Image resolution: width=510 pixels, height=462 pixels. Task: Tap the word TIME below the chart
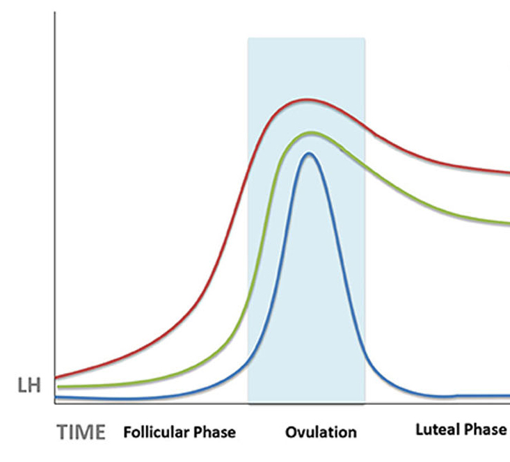tap(81, 431)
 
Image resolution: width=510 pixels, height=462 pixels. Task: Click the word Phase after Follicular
tap(215, 432)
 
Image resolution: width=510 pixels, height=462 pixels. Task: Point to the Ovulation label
tap(321, 432)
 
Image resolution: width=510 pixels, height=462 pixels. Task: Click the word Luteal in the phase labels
tap(438, 429)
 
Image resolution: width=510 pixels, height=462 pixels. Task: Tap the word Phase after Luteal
tap(488, 429)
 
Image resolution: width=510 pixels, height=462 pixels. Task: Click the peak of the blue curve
tap(308, 153)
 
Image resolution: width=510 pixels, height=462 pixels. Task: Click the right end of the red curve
tap(509, 173)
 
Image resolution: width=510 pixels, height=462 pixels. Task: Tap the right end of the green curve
tap(509, 223)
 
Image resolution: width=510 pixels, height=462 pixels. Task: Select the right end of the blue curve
tap(509, 396)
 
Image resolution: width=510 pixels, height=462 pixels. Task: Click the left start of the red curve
tap(56, 377)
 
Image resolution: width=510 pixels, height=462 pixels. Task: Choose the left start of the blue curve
tap(56, 397)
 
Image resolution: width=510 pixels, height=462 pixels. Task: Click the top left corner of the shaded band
tap(248, 38)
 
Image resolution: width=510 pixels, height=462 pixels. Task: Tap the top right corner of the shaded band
tap(365, 38)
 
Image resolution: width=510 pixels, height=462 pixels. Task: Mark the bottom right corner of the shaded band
tap(365, 403)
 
